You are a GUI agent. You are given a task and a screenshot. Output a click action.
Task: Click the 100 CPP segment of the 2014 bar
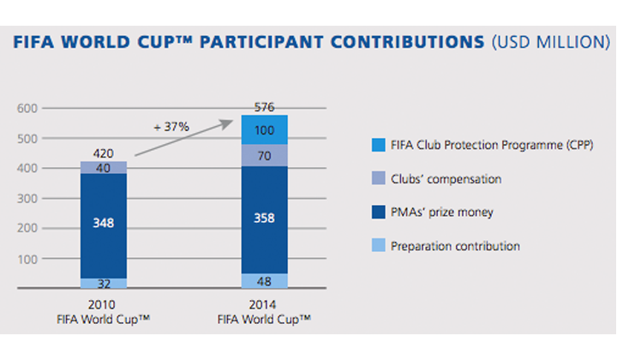pos(265,129)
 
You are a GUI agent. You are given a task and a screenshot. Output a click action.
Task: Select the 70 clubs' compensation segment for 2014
pos(265,155)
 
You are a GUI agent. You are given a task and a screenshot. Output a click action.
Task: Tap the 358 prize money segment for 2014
pos(265,220)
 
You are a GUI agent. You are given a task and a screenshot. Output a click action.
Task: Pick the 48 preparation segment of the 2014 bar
pos(265,281)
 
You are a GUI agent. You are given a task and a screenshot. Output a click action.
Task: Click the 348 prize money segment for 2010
pos(104,225)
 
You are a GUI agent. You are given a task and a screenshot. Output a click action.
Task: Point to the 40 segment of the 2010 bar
pos(104,168)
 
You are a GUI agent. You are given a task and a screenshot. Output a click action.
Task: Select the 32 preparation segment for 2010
pos(104,283)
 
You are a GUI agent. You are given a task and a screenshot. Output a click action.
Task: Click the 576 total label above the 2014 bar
pos(264,107)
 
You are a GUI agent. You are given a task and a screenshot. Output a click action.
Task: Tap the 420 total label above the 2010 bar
pos(103,153)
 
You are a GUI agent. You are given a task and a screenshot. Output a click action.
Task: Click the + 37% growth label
pos(171,127)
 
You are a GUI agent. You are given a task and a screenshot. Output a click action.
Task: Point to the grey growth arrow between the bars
pos(183,138)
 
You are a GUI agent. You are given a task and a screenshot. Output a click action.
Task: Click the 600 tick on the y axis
pos(27,108)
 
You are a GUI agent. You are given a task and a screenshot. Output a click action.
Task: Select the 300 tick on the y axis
pos(27,198)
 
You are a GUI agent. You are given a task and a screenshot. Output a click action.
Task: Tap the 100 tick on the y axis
pos(27,259)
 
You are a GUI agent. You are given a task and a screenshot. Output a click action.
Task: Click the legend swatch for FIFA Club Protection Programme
pos(379,145)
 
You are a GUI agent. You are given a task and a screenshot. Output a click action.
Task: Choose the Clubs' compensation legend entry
pos(446,179)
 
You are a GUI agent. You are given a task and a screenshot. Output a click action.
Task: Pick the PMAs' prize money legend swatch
pos(379,212)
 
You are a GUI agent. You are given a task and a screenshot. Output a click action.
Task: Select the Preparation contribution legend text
pos(455,246)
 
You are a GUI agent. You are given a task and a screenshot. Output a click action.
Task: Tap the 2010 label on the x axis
pos(101,304)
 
